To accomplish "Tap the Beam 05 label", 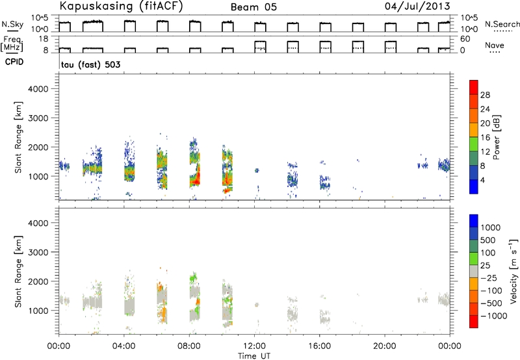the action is pyautogui.click(x=253, y=7).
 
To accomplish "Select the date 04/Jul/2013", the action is pyautogui.click(x=417, y=6).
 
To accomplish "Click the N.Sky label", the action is pyautogui.click(x=12, y=24).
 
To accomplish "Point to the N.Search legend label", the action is pyautogui.click(x=502, y=24).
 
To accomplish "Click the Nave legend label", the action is pyautogui.click(x=495, y=45).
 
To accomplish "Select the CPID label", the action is pyautogui.click(x=14, y=62).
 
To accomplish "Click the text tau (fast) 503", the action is pyautogui.click(x=90, y=64).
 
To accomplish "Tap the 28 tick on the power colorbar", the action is pyautogui.click(x=485, y=95).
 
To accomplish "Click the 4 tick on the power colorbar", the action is pyautogui.click(x=482, y=181).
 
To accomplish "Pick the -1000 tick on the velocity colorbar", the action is pyautogui.click(x=493, y=316).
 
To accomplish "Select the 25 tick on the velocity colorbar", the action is pyautogui.click(x=486, y=266).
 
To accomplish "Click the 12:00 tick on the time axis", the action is pyautogui.click(x=254, y=346).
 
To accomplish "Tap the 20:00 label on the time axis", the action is pyautogui.click(x=384, y=346).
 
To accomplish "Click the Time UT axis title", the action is pyautogui.click(x=254, y=355).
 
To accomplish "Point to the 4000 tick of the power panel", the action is pyautogui.click(x=38, y=89).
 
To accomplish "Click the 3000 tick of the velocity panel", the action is pyautogui.click(x=38, y=252).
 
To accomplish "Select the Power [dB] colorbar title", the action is pyautogui.click(x=497, y=137).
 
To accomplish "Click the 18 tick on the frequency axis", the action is pyautogui.click(x=44, y=39).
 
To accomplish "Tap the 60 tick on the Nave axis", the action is pyautogui.click(x=465, y=39).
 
